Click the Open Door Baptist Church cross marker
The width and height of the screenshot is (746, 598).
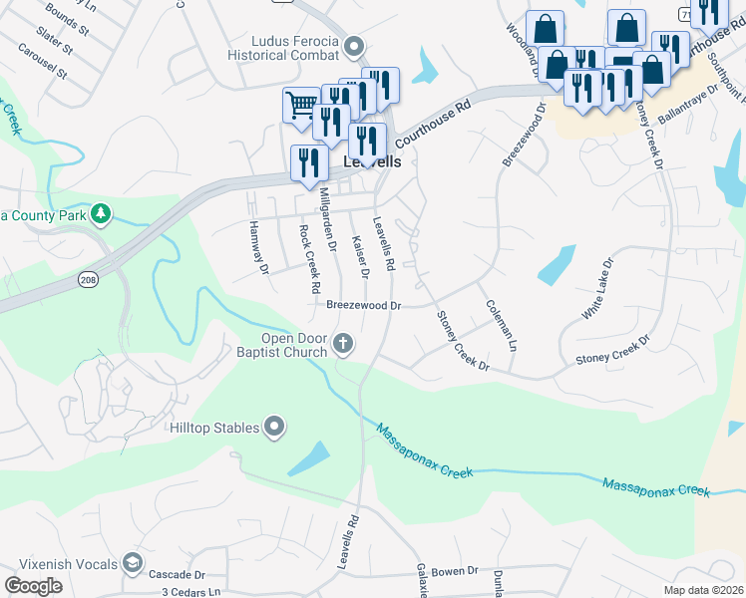(x=343, y=344)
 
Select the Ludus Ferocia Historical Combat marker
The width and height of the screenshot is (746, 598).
(x=354, y=47)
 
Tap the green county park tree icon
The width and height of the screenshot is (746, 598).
(x=100, y=213)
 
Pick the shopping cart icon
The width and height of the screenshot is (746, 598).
(x=299, y=103)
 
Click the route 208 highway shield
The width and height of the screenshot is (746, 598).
(x=87, y=282)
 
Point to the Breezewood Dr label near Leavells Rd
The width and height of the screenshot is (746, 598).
(x=363, y=306)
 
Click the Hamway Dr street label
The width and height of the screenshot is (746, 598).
(x=258, y=247)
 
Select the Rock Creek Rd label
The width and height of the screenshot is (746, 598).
(x=308, y=257)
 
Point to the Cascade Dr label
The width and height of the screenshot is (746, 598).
(x=176, y=575)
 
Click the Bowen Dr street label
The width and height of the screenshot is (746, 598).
(x=456, y=571)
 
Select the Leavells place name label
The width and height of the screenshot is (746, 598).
(x=372, y=160)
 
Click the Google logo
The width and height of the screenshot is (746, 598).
(x=33, y=586)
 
